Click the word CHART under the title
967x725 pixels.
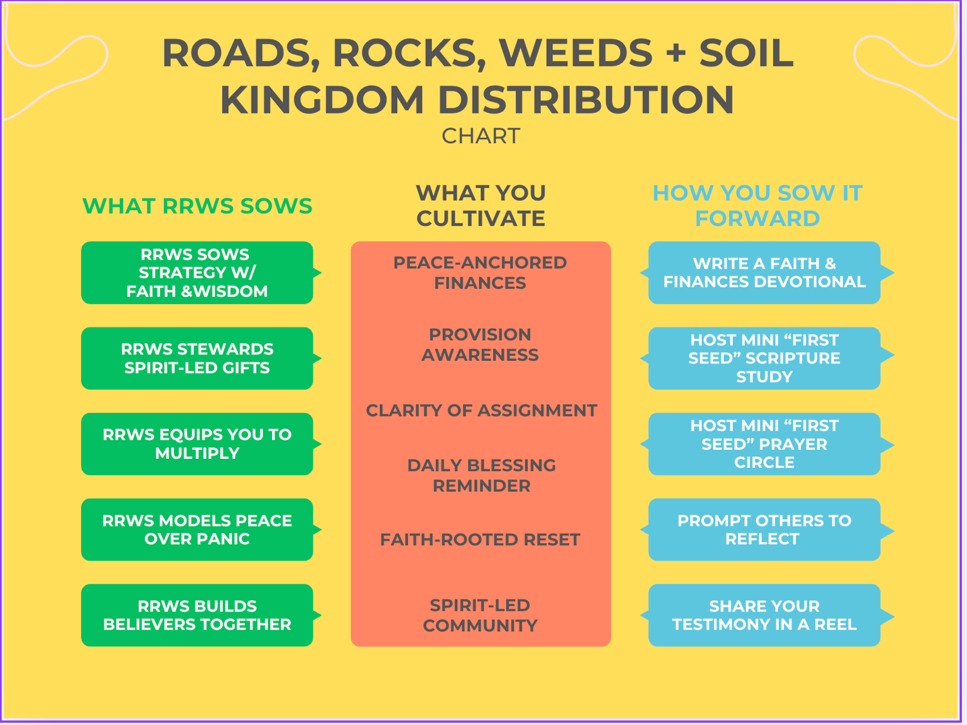(x=481, y=136)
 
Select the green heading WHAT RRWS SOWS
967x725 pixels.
(x=197, y=206)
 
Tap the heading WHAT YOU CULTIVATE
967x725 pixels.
(x=481, y=206)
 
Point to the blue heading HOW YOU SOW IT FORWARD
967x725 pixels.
(x=757, y=206)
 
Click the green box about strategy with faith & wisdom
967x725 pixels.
(x=197, y=273)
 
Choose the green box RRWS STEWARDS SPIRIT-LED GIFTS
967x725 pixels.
(x=197, y=358)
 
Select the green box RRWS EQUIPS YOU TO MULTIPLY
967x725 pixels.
(x=197, y=444)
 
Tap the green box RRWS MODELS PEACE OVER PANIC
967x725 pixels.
(x=197, y=530)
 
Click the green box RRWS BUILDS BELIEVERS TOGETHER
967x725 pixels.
(x=197, y=615)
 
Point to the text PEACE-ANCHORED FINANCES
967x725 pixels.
(x=480, y=273)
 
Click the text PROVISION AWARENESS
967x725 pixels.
(x=480, y=345)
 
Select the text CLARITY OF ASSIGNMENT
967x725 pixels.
(x=482, y=411)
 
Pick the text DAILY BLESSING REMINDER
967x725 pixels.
(x=482, y=476)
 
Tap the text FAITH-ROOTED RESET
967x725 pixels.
(x=480, y=539)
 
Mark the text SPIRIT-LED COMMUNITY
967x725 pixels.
(x=480, y=615)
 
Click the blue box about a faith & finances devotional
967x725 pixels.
(x=765, y=273)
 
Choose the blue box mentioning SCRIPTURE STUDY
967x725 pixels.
(x=765, y=358)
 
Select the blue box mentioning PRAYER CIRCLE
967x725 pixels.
(x=765, y=444)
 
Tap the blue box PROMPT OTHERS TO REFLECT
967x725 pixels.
(x=765, y=530)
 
